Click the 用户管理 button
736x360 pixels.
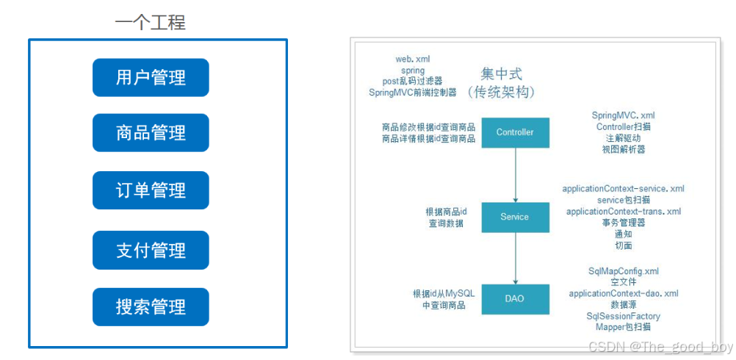click(x=151, y=77)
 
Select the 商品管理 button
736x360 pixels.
click(x=151, y=133)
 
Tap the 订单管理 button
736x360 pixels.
click(x=151, y=190)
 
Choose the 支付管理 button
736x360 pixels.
click(x=151, y=250)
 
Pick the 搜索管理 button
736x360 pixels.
click(x=151, y=307)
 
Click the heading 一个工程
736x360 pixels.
click(x=150, y=22)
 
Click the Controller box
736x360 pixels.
click(x=515, y=133)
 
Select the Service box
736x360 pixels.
click(x=515, y=217)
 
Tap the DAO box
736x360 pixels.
click(x=515, y=299)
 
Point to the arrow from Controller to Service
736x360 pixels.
click(x=515, y=175)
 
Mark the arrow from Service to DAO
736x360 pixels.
click(x=515, y=258)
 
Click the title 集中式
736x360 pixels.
click(x=502, y=74)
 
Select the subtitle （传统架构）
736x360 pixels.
click(x=501, y=93)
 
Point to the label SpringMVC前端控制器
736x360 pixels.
click(x=412, y=93)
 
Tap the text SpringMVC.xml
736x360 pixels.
click(x=624, y=116)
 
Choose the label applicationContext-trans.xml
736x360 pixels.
click(x=624, y=212)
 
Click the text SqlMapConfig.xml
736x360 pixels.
click(x=624, y=271)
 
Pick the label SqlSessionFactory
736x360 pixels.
click(x=624, y=315)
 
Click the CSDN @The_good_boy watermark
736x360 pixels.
click(x=660, y=347)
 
